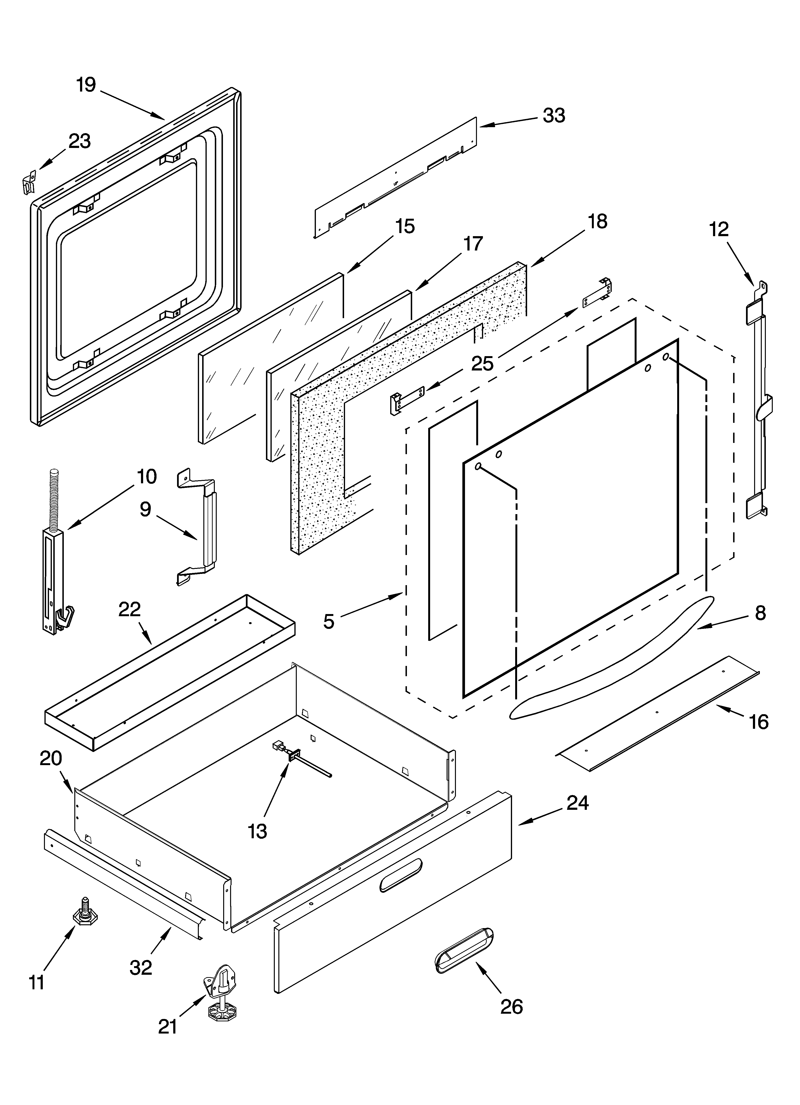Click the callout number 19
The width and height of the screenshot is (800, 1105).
tap(86, 85)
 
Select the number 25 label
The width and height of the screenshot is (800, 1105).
tap(482, 364)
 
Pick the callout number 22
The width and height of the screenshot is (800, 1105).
tap(130, 609)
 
